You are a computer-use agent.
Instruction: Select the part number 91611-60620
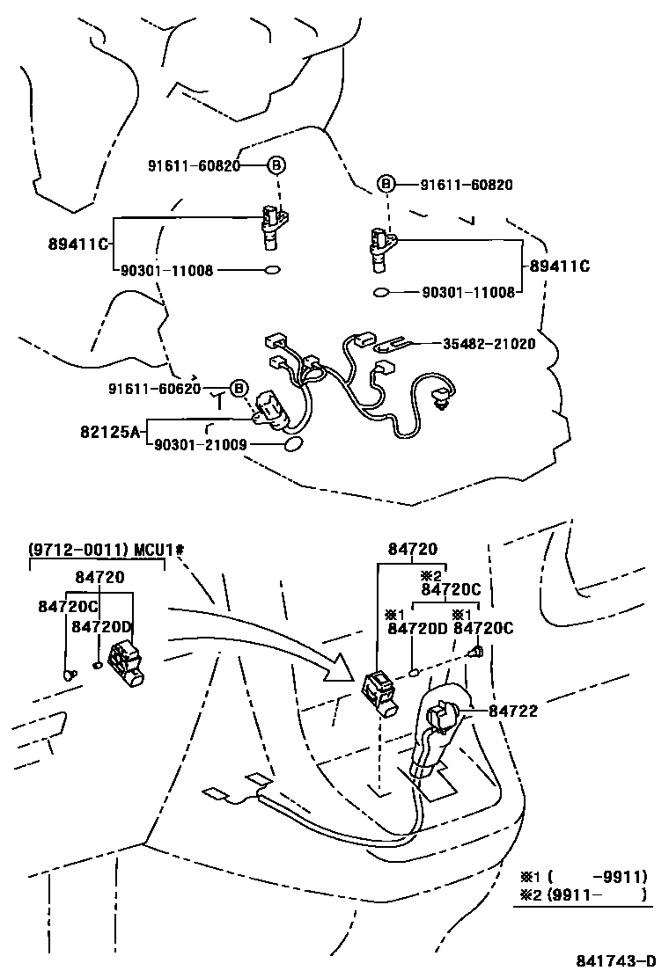pyautogui.click(x=155, y=388)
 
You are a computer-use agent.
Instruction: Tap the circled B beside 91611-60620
pyautogui.click(x=237, y=388)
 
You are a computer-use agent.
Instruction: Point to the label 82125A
pyautogui.click(x=109, y=432)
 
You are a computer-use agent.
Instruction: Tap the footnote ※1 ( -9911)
pyautogui.click(x=582, y=876)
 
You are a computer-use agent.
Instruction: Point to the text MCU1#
pyautogui.click(x=158, y=551)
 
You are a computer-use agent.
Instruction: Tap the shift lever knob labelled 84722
pyautogui.click(x=437, y=714)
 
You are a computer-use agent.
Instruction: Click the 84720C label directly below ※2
pyautogui.click(x=451, y=589)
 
